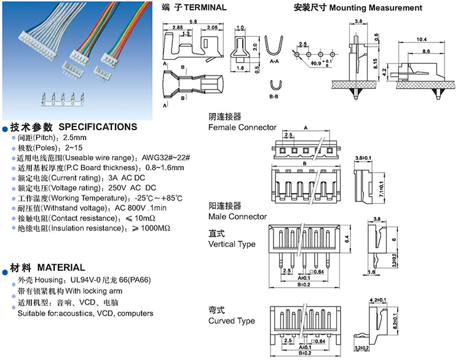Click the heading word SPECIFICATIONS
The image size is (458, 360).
point(98,127)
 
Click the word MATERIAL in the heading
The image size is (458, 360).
point(61,268)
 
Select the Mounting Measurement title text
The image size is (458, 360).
point(375,8)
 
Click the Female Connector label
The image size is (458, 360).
point(242,128)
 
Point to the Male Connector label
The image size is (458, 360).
point(237,216)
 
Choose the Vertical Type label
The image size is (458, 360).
point(232,244)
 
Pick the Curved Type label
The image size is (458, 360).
point(231,321)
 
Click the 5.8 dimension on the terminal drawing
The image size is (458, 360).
point(194,22)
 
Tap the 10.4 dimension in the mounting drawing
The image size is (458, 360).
point(421,39)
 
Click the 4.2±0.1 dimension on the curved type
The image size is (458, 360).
point(379,300)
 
